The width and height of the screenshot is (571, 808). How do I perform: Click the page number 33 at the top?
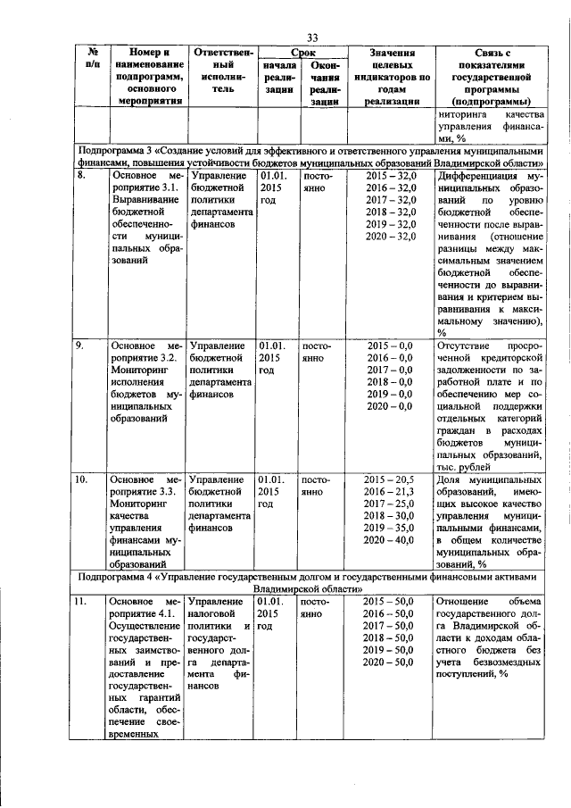pos(313,37)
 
